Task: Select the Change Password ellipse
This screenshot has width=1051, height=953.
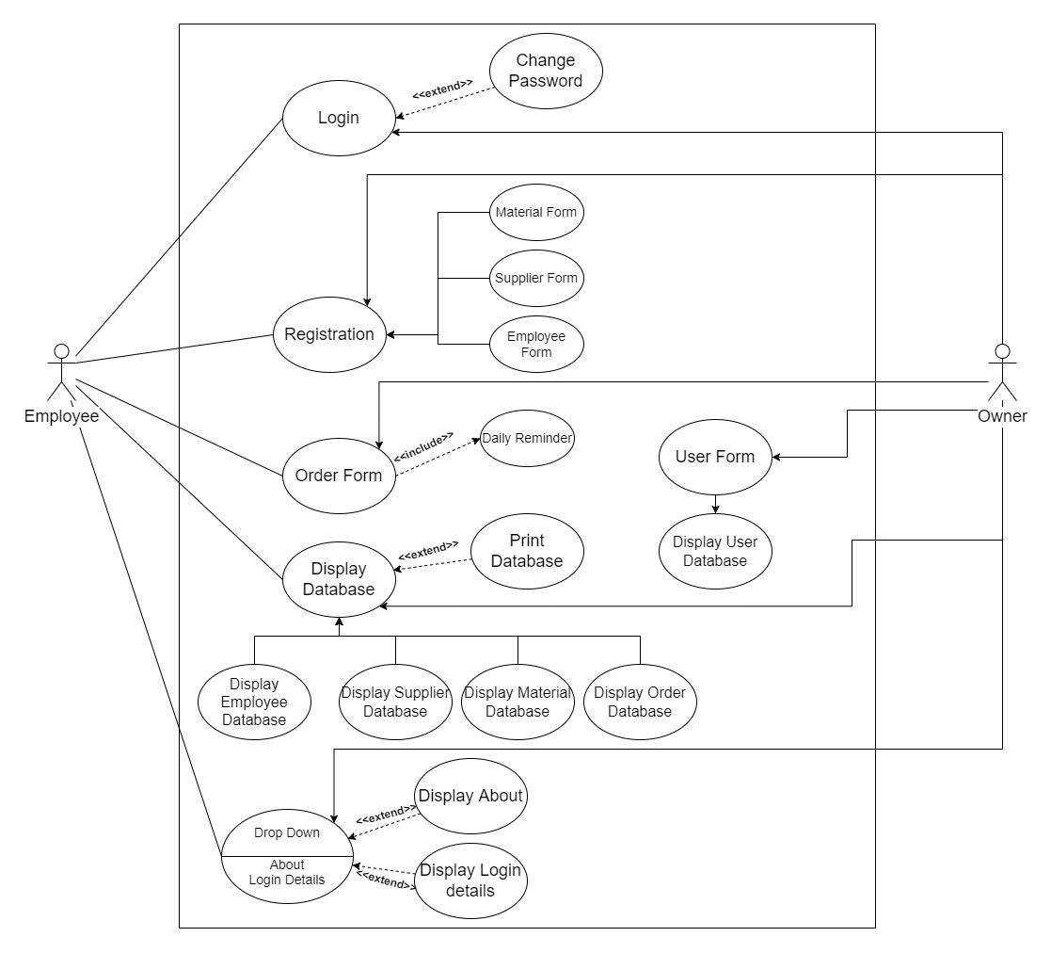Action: [x=546, y=71]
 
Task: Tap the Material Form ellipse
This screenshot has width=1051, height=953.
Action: [x=536, y=212]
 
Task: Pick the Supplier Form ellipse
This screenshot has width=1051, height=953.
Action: [x=536, y=278]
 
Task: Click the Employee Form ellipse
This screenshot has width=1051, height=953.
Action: [x=536, y=344]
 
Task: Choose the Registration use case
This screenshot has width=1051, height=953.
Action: [x=329, y=334]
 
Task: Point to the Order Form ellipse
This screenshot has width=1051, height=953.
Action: [x=339, y=476]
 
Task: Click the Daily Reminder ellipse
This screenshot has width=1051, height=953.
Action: [x=527, y=438]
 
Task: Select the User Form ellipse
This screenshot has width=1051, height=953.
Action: [x=715, y=457]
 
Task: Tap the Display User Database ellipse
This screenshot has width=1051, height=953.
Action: [x=715, y=551]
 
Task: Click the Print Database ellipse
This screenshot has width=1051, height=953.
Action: [x=527, y=551]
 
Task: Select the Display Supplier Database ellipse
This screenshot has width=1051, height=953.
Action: [x=395, y=702]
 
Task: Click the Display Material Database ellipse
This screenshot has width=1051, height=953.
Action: [x=518, y=702]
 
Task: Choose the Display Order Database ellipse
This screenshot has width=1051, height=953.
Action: [x=640, y=702]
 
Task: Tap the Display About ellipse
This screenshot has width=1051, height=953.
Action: [x=470, y=796]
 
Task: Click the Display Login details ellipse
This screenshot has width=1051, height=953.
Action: [x=470, y=880]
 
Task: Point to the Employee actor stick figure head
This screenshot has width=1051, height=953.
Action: [x=61, y=351]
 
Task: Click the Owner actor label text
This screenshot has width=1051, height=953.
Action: [x=1003, y=415]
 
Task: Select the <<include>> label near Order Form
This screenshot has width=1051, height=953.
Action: [x=423, y=446]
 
